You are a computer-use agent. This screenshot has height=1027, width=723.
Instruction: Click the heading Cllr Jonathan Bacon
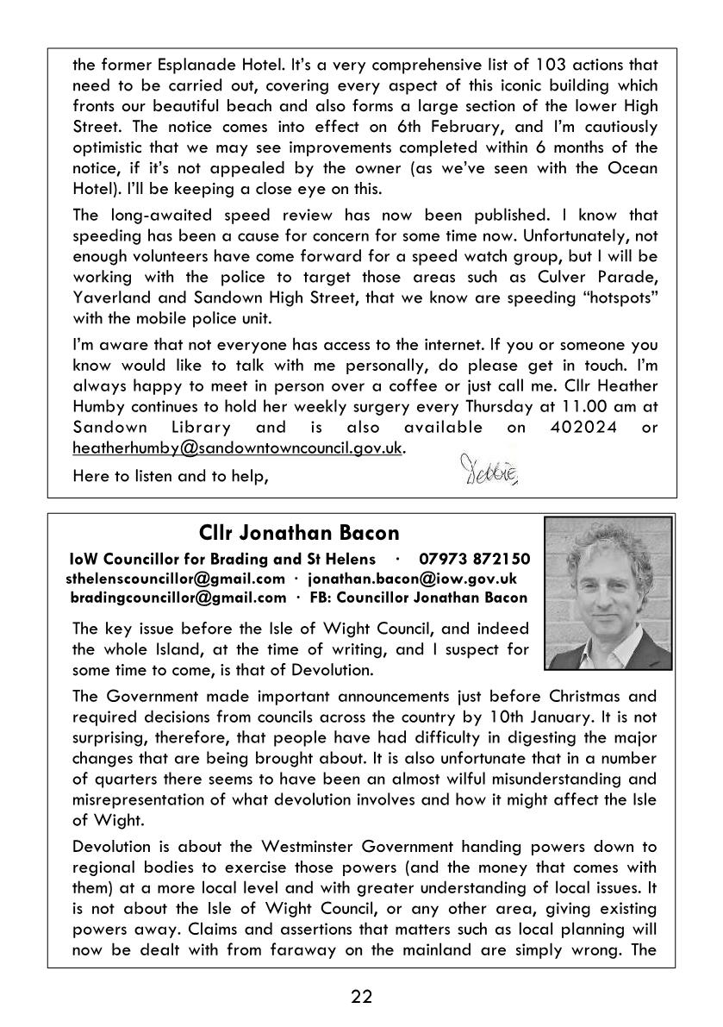pos(298,532)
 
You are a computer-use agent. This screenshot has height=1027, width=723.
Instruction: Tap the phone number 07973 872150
pos(475,559)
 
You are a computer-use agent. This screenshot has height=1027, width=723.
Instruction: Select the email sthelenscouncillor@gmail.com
pos(175,578)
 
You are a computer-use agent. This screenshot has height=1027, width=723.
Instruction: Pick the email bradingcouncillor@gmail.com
pos(178,597)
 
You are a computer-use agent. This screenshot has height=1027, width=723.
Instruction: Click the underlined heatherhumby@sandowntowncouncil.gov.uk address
pos(237,448)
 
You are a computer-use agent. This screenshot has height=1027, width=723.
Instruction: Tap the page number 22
pos(361,997)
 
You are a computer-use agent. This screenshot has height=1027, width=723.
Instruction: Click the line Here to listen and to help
pos(171,475)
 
